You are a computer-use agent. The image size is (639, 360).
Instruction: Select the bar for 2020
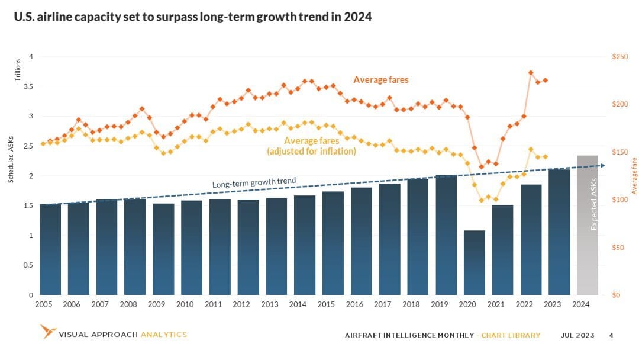(475, 262)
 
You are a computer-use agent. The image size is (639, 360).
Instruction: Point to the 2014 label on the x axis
(298, 304)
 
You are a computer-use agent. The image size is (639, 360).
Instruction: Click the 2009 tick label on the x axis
(156, 304)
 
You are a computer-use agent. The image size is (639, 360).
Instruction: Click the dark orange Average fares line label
(380, 79)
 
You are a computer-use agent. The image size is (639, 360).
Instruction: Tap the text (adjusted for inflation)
(312, 152)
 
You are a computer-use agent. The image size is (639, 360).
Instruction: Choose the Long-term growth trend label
(254, 182)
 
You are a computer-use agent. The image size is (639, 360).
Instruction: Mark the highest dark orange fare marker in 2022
(531, 73)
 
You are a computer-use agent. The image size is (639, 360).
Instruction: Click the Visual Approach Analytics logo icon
(47, 332)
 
